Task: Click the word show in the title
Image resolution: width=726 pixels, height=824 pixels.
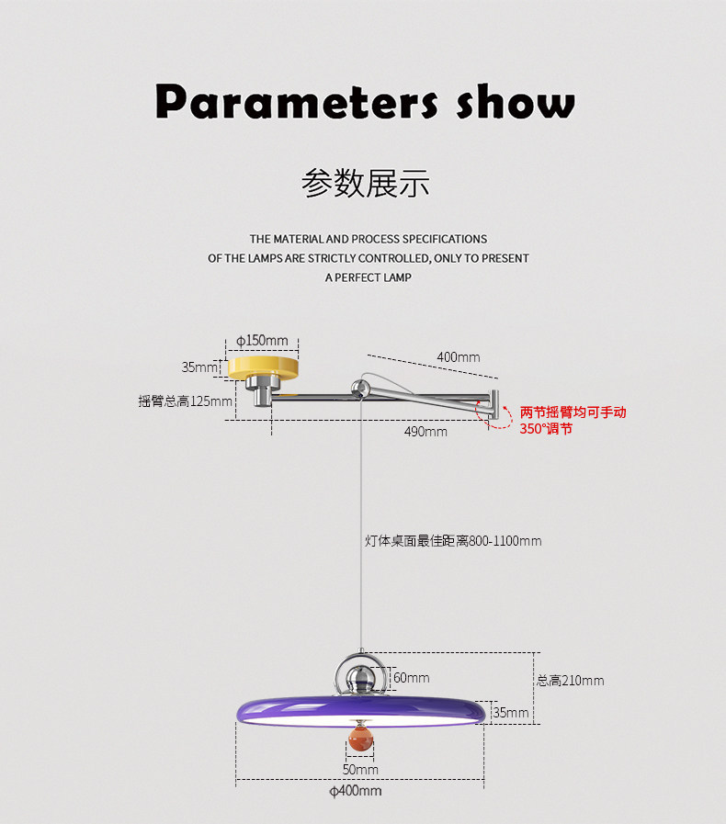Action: coord(516,101)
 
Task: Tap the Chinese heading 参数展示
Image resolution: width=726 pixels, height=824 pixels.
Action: coord(366,184)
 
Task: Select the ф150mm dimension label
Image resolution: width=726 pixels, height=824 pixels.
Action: coord(262,341)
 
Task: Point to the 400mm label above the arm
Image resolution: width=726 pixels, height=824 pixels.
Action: coord(459,357)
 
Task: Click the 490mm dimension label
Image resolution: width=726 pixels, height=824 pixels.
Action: coord(425,432)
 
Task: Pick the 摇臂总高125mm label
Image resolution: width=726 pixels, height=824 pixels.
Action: coord(185,401)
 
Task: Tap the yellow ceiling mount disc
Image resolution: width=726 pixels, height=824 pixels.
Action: coord(264,367)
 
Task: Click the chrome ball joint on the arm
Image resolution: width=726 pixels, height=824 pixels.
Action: coord(360,389)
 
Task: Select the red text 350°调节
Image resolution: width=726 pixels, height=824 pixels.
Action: coord(546,429)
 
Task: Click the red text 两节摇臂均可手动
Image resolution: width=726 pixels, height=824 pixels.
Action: coord(573,412)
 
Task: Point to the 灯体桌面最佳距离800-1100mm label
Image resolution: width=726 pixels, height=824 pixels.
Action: coord(453,541)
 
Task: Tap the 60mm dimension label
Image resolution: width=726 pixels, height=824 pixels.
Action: coord(412,678)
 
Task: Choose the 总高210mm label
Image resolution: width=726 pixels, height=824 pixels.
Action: coord(571,681)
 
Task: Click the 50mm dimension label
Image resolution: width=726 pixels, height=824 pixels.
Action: coord(360,770)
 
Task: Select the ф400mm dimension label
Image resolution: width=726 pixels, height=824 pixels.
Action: coord(356,791)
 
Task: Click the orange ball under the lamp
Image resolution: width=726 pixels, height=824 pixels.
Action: coord(360,738)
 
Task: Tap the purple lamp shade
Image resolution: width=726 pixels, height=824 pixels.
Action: coord(360,710)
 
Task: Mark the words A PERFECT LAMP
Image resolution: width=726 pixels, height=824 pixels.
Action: coord(368,277)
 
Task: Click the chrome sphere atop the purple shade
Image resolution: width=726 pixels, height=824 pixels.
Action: coord(360,676)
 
